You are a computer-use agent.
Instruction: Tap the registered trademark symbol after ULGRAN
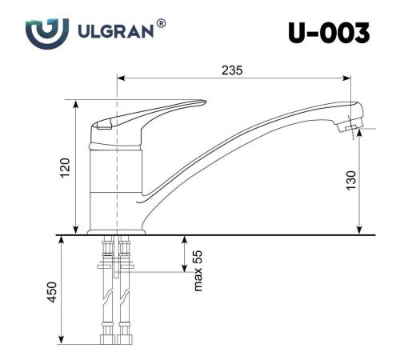coord(162,26)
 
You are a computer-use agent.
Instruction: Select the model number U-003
coord(329,33)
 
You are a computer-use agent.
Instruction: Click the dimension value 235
coord(233,70)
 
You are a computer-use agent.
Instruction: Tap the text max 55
coord(198,273)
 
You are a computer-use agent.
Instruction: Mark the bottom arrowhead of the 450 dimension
coord(62,339)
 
